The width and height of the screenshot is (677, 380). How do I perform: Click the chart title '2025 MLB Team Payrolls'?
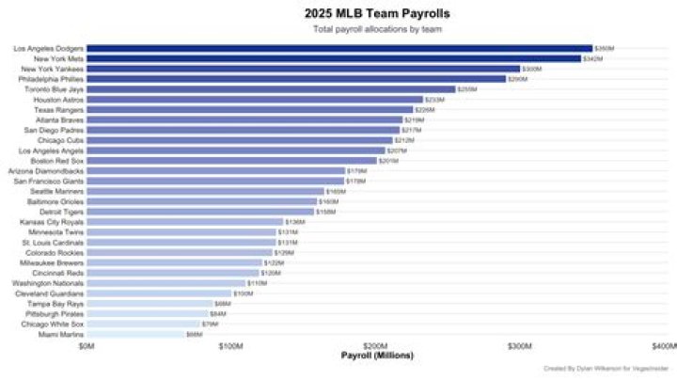[x=376, y=13]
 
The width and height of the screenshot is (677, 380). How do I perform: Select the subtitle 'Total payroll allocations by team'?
[x=376, y=29]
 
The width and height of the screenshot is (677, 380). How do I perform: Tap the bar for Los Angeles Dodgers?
[x=338, y=48]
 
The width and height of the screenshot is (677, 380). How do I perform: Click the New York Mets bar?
[x=333, y=58]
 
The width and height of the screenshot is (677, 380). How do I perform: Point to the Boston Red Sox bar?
[x=231, y=161]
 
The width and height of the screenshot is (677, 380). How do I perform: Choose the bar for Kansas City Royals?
[x=184, y=222]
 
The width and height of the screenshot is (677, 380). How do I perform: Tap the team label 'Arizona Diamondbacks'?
[x=46, y=171]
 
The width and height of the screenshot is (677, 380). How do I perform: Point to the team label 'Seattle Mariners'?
[x=57, y=191]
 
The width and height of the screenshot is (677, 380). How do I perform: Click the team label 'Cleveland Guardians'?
[x=53, y=293]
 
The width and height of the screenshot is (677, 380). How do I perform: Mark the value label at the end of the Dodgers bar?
[x=605, y=48]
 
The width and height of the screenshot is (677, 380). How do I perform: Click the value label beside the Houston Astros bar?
[x=434, y=100]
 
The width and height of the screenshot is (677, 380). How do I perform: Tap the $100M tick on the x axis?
[x=231, y=346]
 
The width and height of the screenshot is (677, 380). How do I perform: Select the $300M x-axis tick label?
[x=520, y=346]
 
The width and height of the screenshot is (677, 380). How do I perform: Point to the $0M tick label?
[x=87, y=346]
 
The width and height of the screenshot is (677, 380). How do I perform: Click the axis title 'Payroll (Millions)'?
[x=376, y=356]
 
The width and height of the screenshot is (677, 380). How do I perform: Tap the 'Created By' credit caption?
[x=611, y=370]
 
